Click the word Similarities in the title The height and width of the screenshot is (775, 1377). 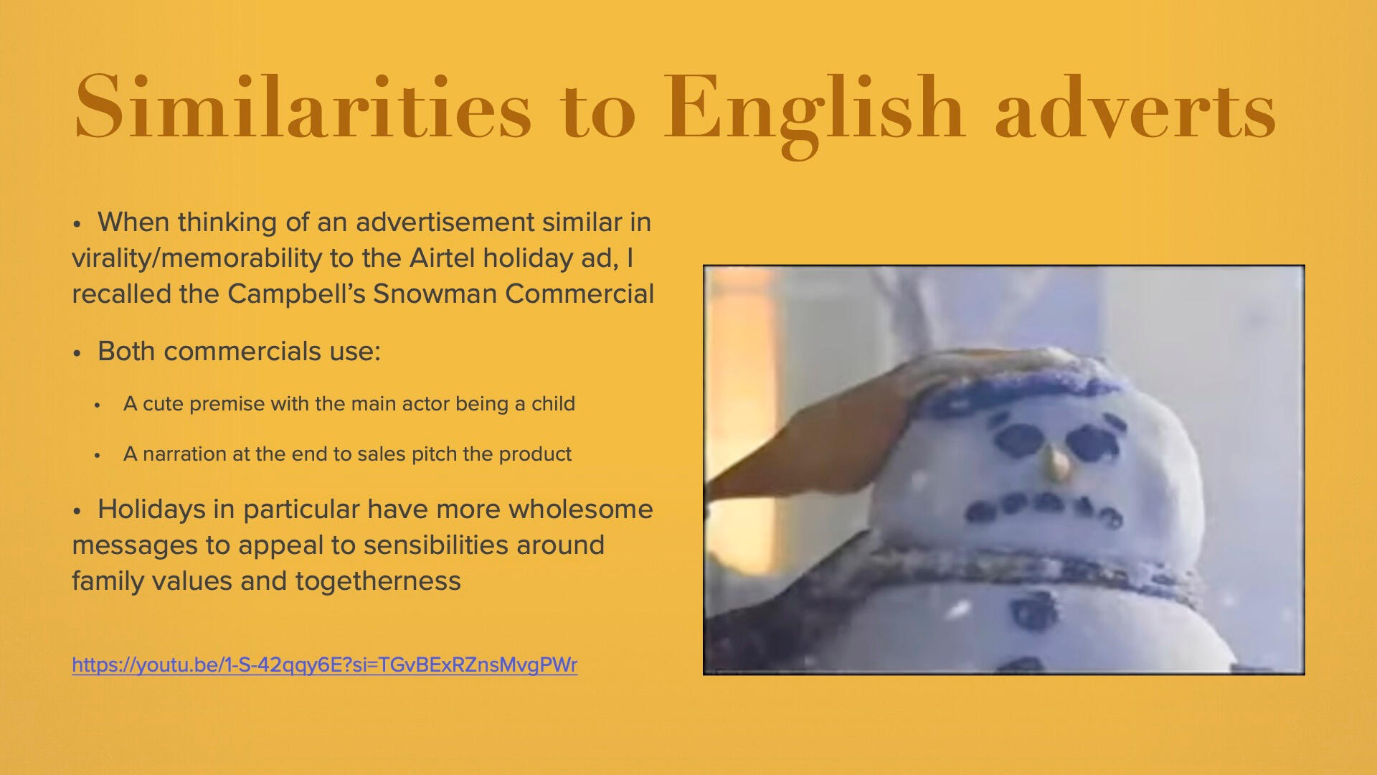(x=303, y=108)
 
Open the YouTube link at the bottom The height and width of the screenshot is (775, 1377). (x=324, y=665)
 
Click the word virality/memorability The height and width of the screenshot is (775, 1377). (x=197, y=258)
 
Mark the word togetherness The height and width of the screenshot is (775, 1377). (x=378, y=581)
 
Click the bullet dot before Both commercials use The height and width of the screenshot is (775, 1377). (x=77, y=353)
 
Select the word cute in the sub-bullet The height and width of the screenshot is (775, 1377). (x=163, y=404)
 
